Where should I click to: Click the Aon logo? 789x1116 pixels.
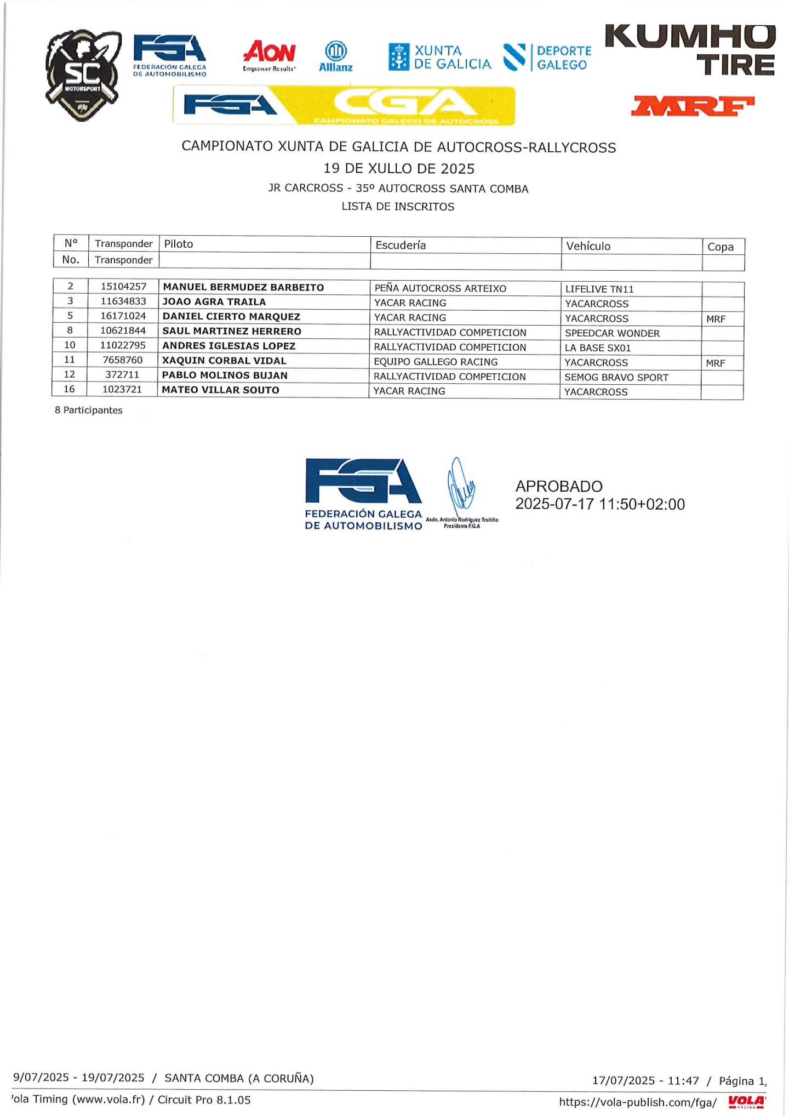[x=269, y=55]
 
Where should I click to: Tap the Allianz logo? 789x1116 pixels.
[x=335, y=56]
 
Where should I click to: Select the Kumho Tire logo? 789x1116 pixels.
[x=690, y=50]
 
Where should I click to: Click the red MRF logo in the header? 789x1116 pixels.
[x=693, y=106]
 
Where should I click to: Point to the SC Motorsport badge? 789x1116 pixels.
[x=83, y=75]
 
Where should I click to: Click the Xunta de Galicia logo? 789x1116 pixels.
[x=439, y=58]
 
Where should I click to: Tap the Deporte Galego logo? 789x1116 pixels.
[x=547, y=58]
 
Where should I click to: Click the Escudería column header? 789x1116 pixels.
[x=401, y=245]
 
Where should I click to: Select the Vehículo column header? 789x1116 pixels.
[x=588, y=246]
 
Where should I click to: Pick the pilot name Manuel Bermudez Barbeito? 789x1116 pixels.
[x=243, y=287]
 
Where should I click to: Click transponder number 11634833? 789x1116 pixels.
[x=123, y=301]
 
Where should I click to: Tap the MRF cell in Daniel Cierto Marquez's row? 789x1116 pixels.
[x=716, y=319]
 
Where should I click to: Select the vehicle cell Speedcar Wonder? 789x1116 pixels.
[x=612, y=333]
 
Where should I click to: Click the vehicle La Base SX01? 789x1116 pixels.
[x=598, y=348]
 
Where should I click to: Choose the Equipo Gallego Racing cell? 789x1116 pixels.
[x=436, y=362]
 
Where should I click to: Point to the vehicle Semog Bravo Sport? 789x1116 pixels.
[x=616, y=378]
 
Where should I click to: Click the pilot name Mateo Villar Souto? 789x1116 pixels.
[x=220, y=390]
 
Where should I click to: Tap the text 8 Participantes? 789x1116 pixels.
[x=88, y=410]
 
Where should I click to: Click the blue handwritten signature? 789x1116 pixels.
[x=459, y=486]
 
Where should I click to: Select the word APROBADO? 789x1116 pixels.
[x=558, y=486]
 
